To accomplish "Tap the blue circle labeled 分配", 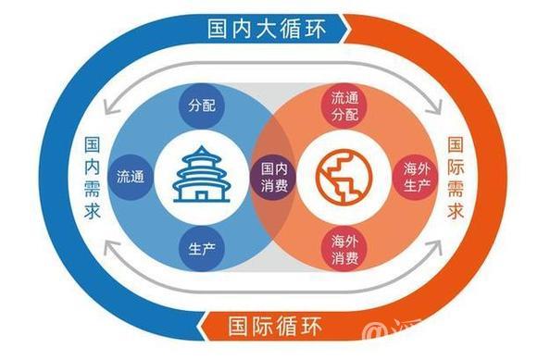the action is pyautogui.click(x=200, y=105).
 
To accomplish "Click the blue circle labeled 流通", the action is pyautogui.click(x=131, y=173).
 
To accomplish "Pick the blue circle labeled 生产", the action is pyautogui.click(x=200, y=248).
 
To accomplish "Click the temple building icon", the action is pyautogui.click(x=199, y=175).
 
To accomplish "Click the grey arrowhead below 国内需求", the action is pyautogui.click(x=110, y=247).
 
